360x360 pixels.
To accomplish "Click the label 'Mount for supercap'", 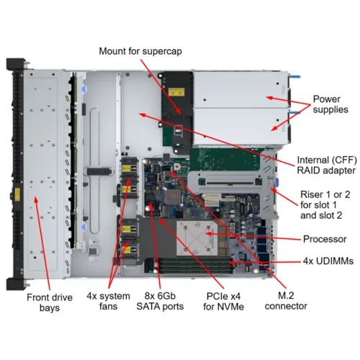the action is (x=140, y=51).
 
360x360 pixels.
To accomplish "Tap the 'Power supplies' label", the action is (x=330, y=104).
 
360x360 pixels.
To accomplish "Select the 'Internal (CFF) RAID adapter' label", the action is (x=327, y=165).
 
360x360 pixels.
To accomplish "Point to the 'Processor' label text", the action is (x=325, y=239).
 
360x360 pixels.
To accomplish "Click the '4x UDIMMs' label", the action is (x=328, y=261).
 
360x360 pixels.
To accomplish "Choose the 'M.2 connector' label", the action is (x=286, y=301).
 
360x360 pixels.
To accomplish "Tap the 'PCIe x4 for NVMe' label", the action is (x=223, y=301).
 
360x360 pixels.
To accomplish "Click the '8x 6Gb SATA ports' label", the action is (x=160, y=301).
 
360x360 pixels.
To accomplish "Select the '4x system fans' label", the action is (x=108, y=301).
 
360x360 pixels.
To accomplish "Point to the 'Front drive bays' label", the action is (x=50, y=302).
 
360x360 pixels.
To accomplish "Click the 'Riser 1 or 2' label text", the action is (x=325, y=194).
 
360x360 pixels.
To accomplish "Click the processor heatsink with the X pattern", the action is (x=197, y=238).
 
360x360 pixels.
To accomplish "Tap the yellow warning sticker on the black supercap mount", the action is (x=176, y=92).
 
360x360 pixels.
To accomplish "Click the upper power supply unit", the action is (x=240, y=89).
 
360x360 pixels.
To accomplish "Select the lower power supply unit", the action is (x=240, y=126).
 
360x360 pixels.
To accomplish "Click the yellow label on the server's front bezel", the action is (x=17, y=194).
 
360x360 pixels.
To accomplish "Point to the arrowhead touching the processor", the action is (x=209, y=233).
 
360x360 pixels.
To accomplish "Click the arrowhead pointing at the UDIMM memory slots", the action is (x=233, y=263).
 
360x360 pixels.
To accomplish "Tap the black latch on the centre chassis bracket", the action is (x=99, y=171).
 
